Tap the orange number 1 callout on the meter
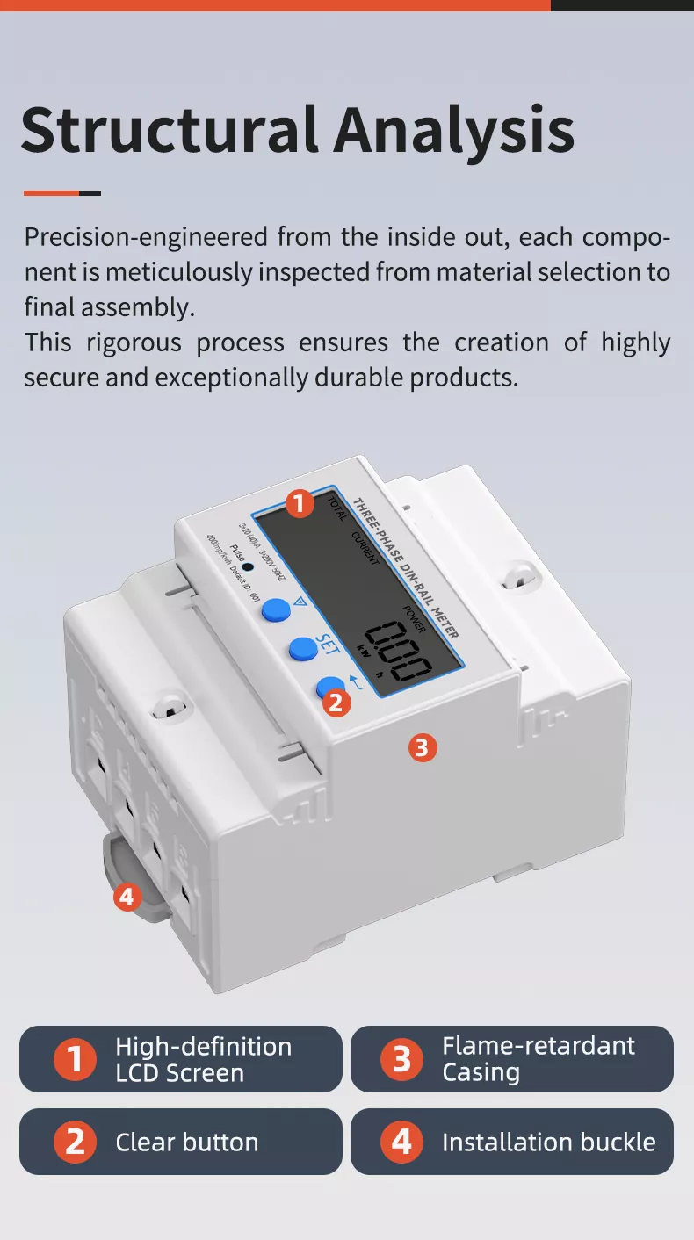click(300, 504)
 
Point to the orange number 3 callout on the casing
click(423, 747)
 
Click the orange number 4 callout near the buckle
click(128, 897)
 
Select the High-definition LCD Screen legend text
click(203, 1059)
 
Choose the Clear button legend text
click(187, 1142)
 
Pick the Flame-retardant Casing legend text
click(538, 1058)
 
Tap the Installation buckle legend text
click(548, 1142)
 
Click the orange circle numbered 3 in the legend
click(401, 1058)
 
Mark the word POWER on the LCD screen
click(415, 618)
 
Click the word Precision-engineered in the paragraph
click(147, 237)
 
